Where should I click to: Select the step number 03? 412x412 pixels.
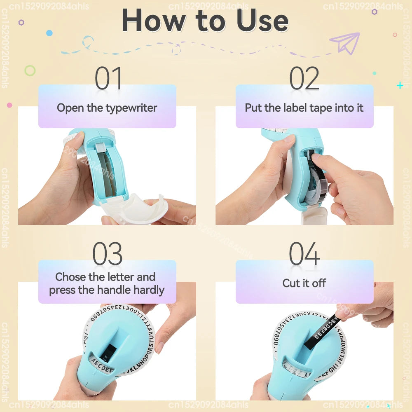pos(107,254)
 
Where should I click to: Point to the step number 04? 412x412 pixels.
pos(304,254)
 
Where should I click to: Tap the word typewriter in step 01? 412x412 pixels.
pos(131,108)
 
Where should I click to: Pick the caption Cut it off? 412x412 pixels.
pos(304,283)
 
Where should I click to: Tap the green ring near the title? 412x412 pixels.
pos(30,70)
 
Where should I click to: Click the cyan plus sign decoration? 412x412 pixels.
pos(400,85)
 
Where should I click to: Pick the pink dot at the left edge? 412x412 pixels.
pos(9,105)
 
